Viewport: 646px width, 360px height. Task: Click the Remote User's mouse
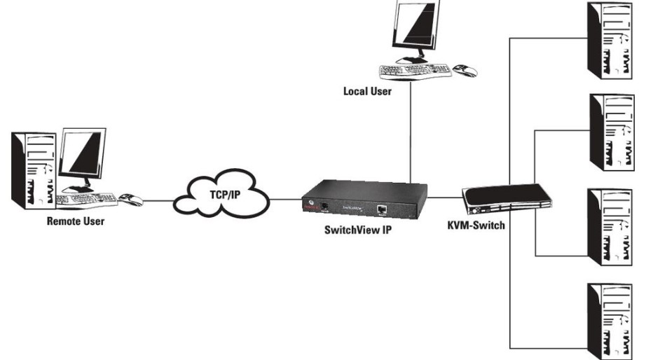130,200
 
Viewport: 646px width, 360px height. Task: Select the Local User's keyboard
413,71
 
